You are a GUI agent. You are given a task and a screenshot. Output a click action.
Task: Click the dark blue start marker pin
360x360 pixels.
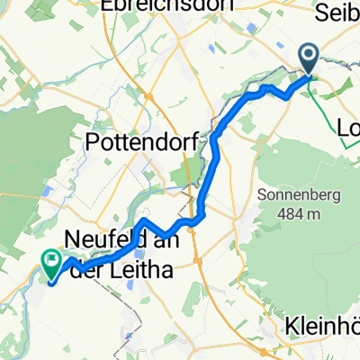[310, 60]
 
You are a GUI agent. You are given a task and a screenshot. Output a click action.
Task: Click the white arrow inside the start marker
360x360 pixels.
[310, 58]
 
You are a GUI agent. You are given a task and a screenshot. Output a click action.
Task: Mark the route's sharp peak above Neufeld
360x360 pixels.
[146, 220]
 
